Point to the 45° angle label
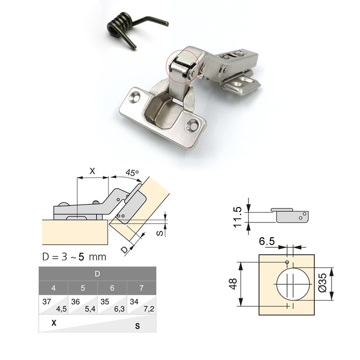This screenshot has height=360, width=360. pos(131,172)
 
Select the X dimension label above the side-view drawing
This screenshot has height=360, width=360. pos(92,171)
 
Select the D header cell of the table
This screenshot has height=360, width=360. pos(97,274)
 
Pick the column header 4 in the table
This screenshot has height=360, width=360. pos(53,288)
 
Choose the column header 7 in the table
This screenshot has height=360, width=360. pos(142,288)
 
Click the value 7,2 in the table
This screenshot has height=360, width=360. pos(149,309)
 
